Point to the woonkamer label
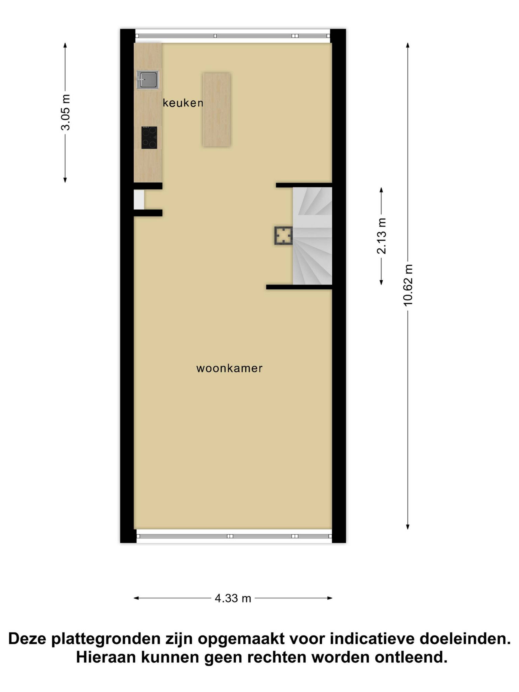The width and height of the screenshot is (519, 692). [x=229, y=368]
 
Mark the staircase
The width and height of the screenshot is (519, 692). [x=312, y=236]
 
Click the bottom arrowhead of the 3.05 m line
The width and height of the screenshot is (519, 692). [x=65, y=180]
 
